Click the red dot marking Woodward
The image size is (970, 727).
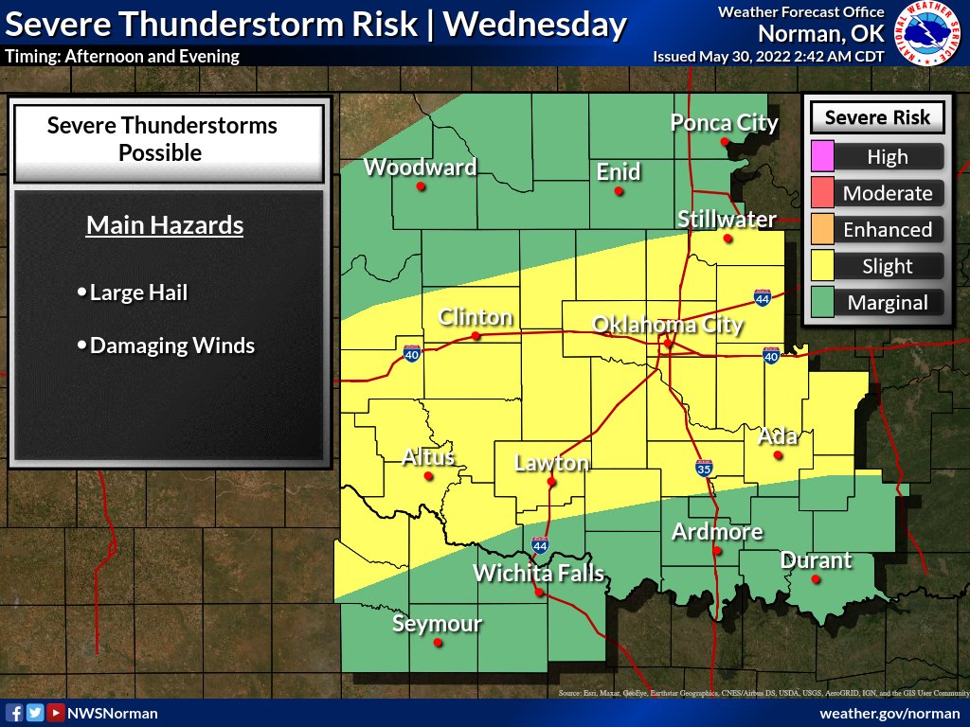click(x=421, y=186)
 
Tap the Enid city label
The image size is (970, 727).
click(x=618, y=171)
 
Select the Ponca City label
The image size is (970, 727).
click(x=724, y=122)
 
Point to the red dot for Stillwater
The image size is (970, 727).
click(x=727, y=239)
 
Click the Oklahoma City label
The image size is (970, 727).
click(x=667, y=325)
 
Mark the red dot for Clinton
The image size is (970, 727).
click(x=476, y=335)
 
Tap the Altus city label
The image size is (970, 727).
click(x=428, y=457)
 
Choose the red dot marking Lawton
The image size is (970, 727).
click(x=551, y=482)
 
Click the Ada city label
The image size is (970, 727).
click(x=778, y=436)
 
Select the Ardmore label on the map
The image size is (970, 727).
click(x=717, y=531)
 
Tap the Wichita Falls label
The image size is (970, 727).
click(x=538, y=573)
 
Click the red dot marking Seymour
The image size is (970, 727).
click(x=438, y=643)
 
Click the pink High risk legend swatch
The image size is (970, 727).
click(x=822, y=156)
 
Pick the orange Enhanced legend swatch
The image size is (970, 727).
click(x=822, y=229)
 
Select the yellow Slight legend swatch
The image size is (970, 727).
click(x=822, y=266)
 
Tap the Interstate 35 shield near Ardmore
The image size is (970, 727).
click(x=703, y=468)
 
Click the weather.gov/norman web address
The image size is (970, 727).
click(x=889, y=713)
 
